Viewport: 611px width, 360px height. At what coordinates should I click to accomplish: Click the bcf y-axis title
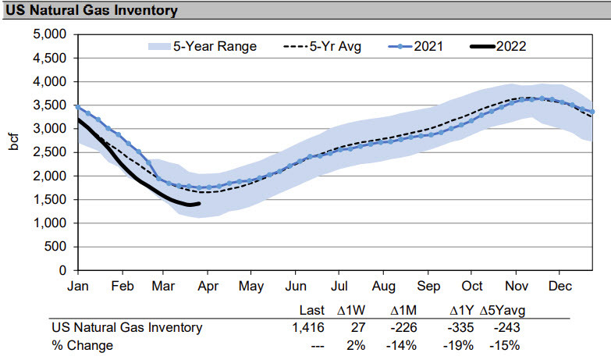click(x=16, y=151)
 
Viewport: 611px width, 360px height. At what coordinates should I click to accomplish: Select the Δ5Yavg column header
click(x=500, y=311)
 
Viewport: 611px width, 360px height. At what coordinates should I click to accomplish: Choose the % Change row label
click(x=82, y=345)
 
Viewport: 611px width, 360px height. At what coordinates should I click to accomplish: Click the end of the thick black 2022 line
click(x=200, y=204)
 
